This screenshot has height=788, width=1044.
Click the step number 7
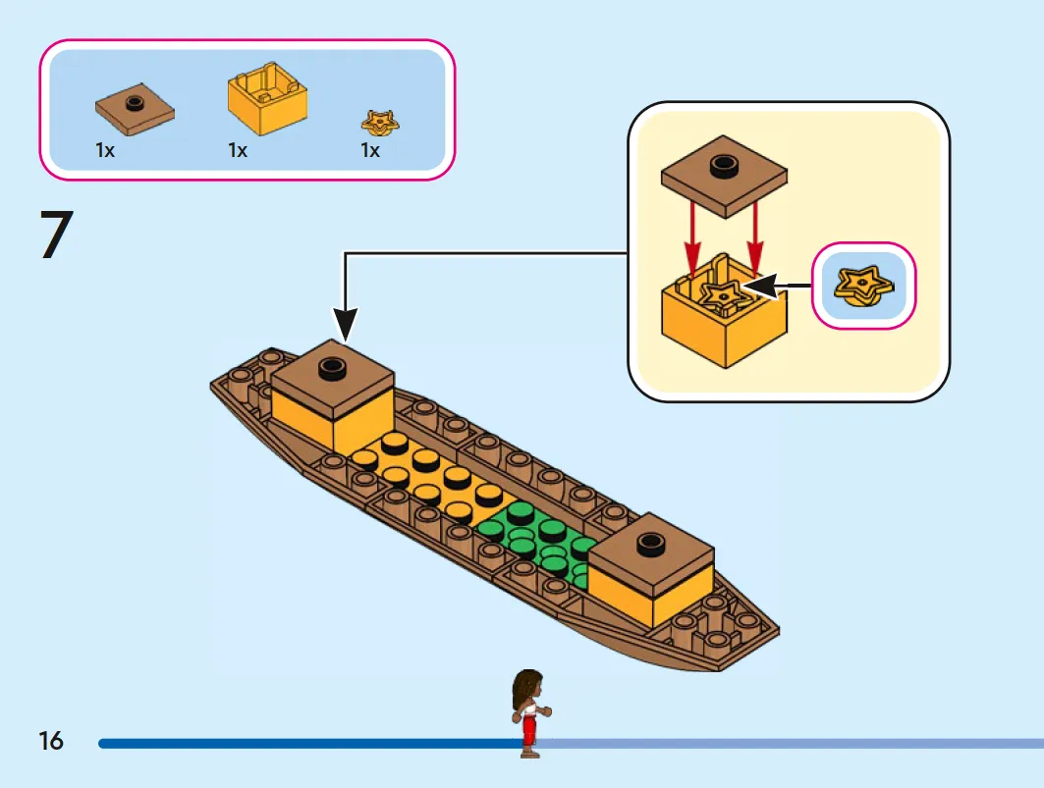coord(57,234)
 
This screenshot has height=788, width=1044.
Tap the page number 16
coord(51,741)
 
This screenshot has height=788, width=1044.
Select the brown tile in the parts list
coord(135,111)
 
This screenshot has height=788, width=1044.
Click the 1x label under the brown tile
coord(105,150)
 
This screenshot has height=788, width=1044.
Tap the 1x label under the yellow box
coord(238,150)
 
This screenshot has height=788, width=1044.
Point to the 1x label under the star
coord(370,150)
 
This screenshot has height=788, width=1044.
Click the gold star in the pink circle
coord(863,287)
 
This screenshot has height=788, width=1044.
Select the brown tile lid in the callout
coord(724,177)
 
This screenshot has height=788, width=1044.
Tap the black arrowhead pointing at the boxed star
coord(759,287)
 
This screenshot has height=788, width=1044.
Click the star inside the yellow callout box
coord(722,295)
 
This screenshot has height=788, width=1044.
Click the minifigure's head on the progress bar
coord(528,689)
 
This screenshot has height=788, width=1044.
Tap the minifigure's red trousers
coord(528,732)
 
